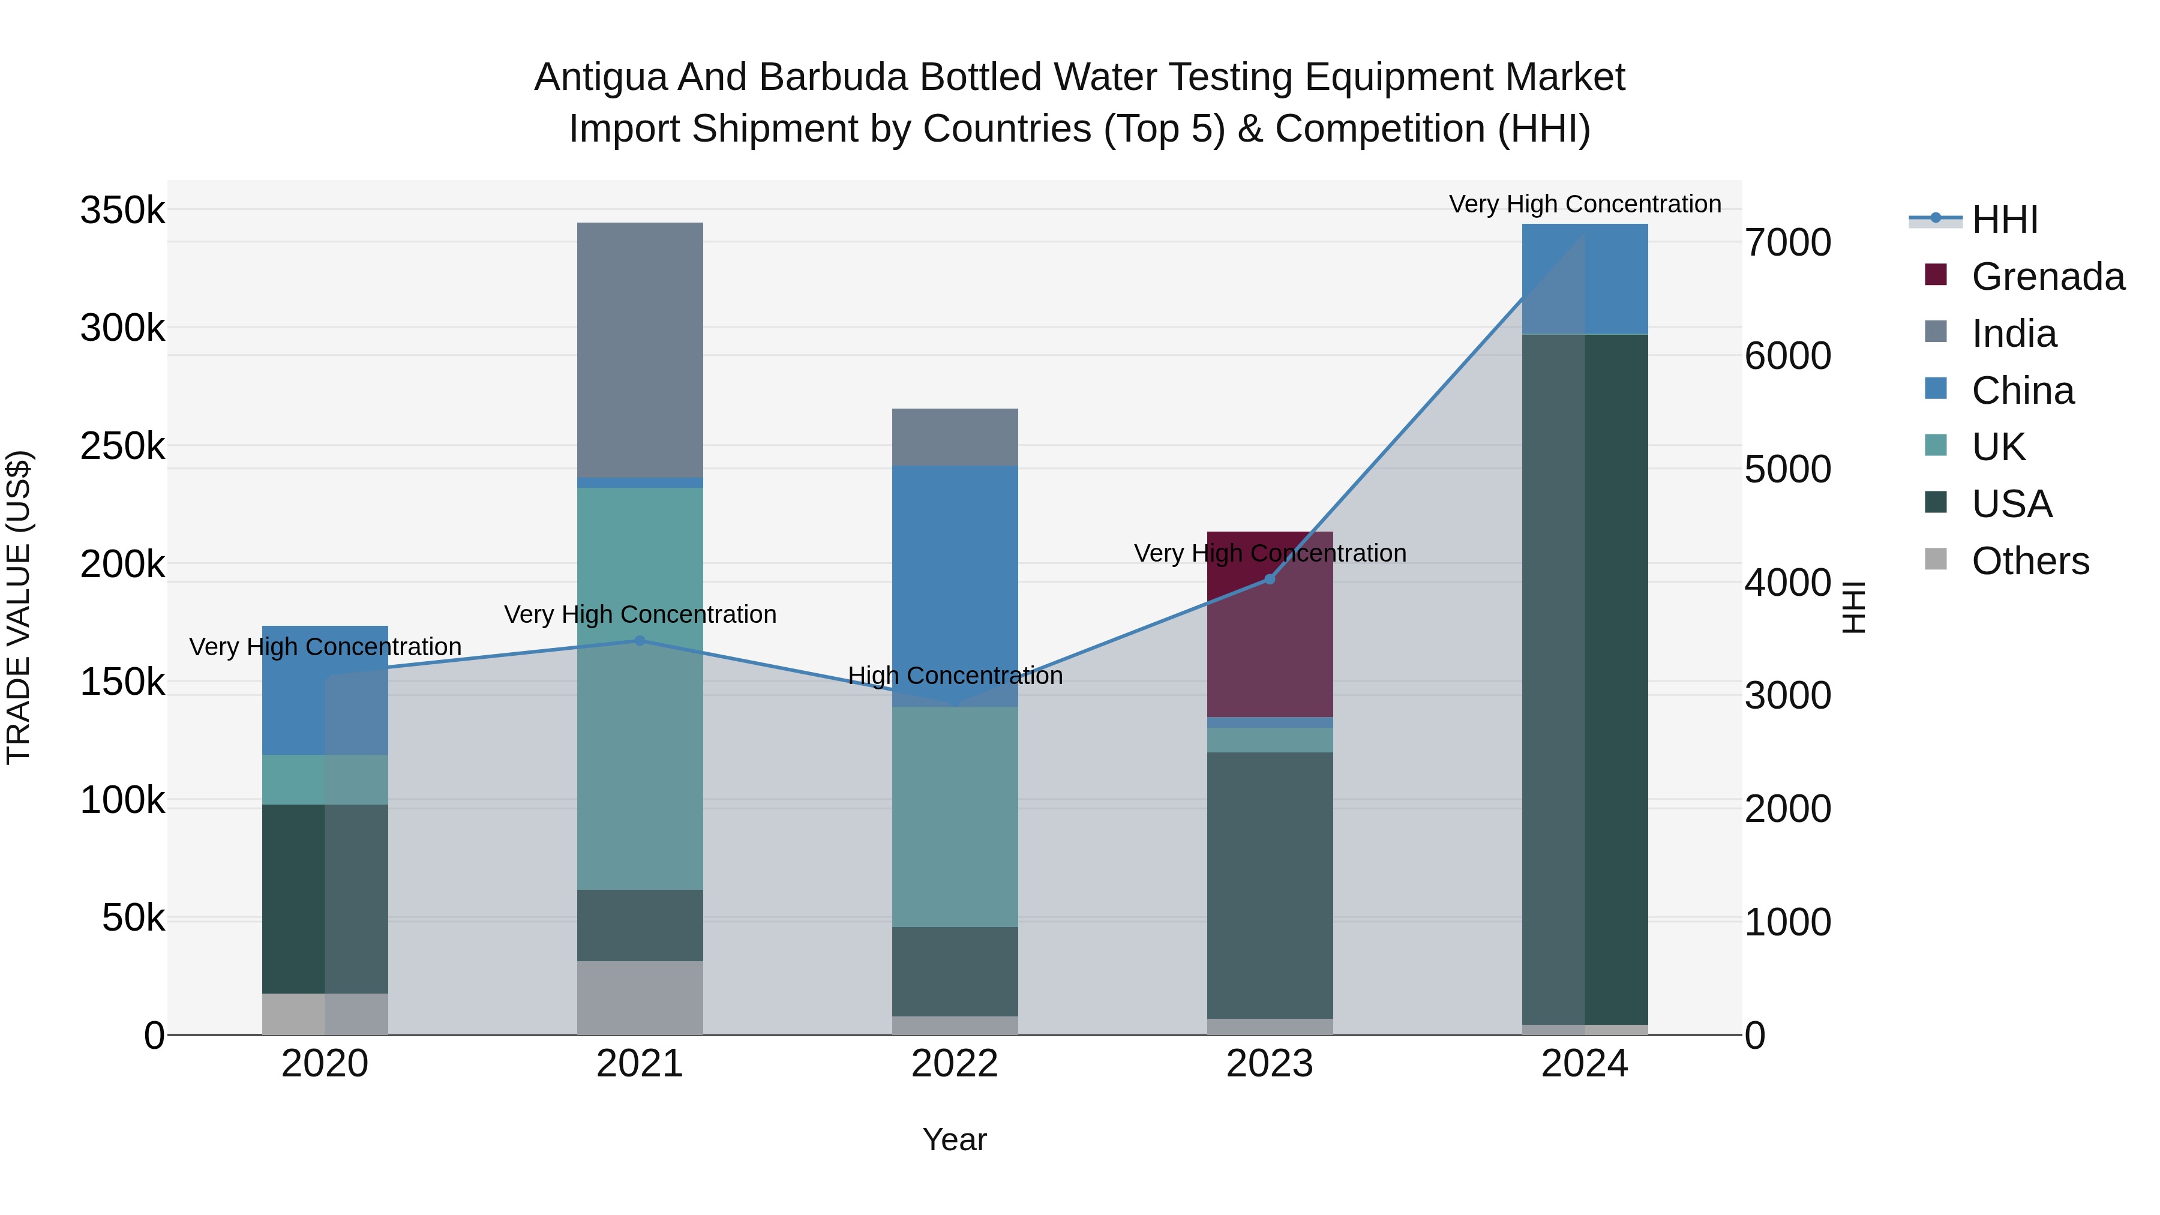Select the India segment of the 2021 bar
[640, 350]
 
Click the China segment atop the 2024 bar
[1585, 278]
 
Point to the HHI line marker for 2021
[640, 641]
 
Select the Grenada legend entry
[2048, 277]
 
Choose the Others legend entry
[2030, 561]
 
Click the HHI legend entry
[2004, 220]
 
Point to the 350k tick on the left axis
[122, 211]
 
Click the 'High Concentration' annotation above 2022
[955, 676]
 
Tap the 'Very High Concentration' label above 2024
[1585, 204]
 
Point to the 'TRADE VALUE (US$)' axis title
[19, 607]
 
